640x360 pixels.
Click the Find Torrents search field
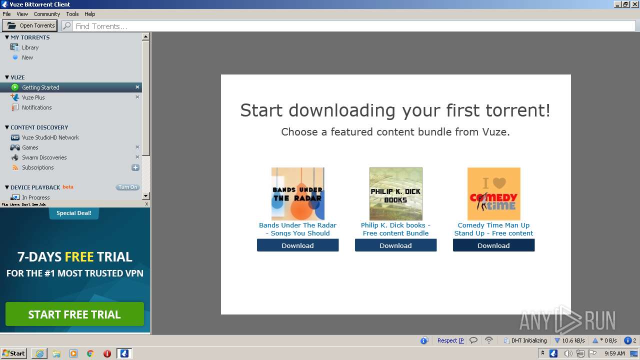click(x=350, y=26)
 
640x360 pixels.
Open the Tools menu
click(x=72, y=14)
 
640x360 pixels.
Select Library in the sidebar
click(x=30, y=47)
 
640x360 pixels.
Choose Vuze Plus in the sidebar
click(x=33, y=97)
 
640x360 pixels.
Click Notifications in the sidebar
click(x=36, y=107)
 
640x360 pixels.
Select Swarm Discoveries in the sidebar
click(x=44, y=157)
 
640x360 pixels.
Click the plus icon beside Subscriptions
click(x=135, y=167)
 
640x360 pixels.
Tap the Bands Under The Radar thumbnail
click(x=297, y=193)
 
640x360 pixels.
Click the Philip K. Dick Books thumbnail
click(x=395, y=193)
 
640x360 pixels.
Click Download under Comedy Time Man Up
click(x=493, y=245)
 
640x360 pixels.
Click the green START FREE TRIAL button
click(x=74, y=314)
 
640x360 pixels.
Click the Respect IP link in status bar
click(x=450, y=340)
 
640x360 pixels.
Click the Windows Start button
click(x=13, y=353)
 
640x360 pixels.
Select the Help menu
click(x=89, y=14)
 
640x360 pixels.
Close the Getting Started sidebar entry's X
click(x=137, y=87)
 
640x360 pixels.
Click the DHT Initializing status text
click(x=528, y=340)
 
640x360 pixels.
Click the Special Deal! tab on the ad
click(x=73, y=213)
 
